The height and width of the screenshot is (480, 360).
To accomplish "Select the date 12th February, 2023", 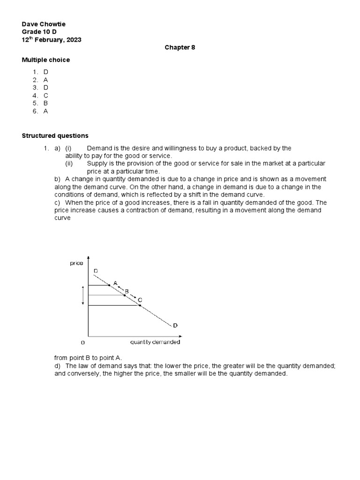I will pyautogui.click(x=52, y=40).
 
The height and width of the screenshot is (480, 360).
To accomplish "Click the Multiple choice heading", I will pyautogui.click(x=46, y=60).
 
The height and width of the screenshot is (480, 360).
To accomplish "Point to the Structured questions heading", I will pyautogui.click(x=55, y=135).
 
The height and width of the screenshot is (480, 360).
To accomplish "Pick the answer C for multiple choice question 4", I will pyautogui.click(x=46, y=95).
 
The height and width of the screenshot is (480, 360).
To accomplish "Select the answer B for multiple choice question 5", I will pyautogui.click(x=46, y=103).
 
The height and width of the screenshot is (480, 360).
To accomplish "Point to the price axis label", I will pyautogui.click(x=76, y=263).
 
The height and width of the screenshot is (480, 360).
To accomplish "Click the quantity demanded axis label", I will pyautogui.click(x=155, y=342).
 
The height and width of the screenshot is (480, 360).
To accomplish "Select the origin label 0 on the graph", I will pyautogui.click(x=83, y=343).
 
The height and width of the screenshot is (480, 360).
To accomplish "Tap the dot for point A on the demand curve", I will pyautogui.click(x=109, y=285).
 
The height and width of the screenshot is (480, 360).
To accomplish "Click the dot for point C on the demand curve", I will pyautogui.click(x=140, y=305).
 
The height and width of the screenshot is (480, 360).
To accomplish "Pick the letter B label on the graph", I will pyautogui.click(x=127, y=291).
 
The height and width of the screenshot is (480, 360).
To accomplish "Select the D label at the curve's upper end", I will pyautogui.click(x=96, y=271).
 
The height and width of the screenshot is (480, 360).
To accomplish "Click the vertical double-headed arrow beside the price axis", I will pyautogui.click(x=83, y=295).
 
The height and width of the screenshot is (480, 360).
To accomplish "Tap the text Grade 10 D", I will pyautogui.click(x=39, y=32).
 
